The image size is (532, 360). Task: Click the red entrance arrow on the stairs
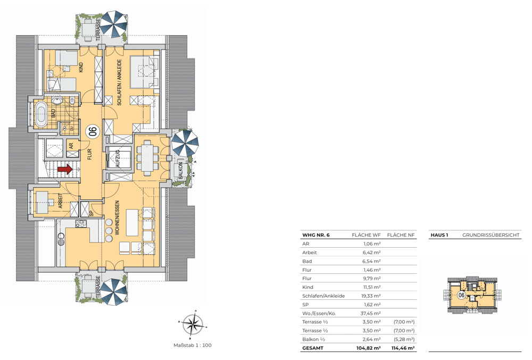pyautogui.click(x=65, y=169)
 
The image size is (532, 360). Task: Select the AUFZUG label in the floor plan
pyautogui.click(x=118, y=158)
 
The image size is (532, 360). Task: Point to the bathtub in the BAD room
pyautogui.click(x=41, y=114)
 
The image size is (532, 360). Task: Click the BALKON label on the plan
pyautogui.click(x=180, y=170)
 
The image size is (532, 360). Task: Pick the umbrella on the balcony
pyautogui.click(x=185, y=143)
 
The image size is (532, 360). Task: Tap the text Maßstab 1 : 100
pyautogui.click(x=193, y=345)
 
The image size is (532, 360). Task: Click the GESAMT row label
pyautogui.click(x=313, y=348)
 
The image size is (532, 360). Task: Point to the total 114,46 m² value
pyautogui.click(x=403, y=348)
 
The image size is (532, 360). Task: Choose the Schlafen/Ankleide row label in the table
pyautogui.click(x=323, y=296)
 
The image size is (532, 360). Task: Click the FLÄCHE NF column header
pyautogui.click(x=401, y=235)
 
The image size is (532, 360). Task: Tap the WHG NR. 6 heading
pyautogui.click(x=316, y=235)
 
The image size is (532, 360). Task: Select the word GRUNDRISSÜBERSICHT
pyautogui.click(x=491, y=235)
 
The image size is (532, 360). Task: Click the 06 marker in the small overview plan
pyautogui.click(x=461, y=295)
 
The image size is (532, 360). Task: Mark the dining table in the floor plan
pyautogui.click(x=147, y=157)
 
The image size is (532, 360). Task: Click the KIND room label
pyautogui.click(x=81, y=68)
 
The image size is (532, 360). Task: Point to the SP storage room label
pyautogui.click(x=91, y=213)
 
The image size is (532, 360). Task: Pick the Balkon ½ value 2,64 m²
pyautogui.click(x=372, y=339)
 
